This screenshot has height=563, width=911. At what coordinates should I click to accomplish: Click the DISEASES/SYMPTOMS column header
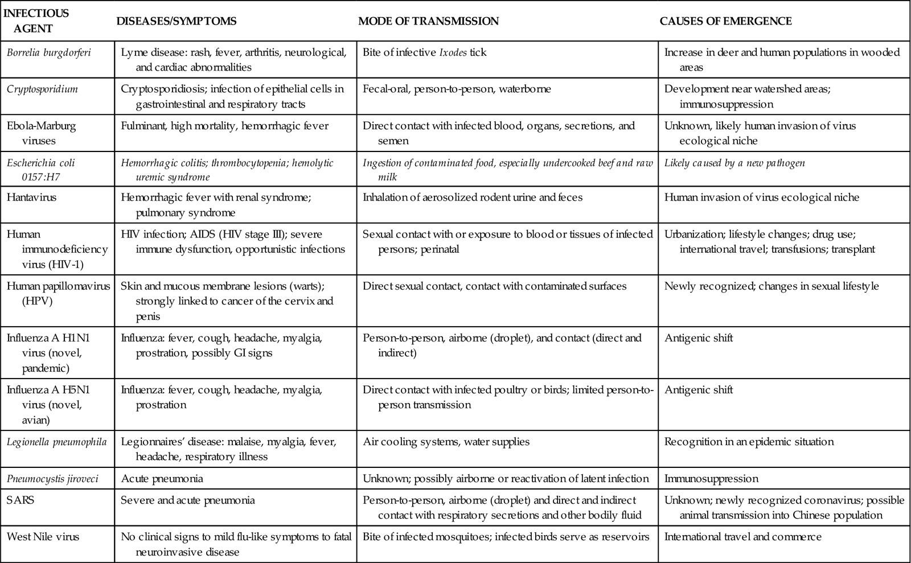(176, 21)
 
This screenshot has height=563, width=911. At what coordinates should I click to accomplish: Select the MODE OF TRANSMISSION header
(428, 21)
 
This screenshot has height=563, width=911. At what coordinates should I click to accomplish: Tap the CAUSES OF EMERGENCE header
(725, 21)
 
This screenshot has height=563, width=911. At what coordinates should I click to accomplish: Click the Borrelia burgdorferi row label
(49, 53)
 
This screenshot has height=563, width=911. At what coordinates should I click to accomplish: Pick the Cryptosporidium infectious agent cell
(43, 89)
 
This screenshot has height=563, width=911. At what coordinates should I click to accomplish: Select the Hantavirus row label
(32, 198)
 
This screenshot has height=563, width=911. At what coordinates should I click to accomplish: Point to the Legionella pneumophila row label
(56, 442)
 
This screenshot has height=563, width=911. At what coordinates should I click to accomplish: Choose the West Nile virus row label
(43, 536)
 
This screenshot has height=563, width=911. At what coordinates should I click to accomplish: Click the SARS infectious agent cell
(20, 500)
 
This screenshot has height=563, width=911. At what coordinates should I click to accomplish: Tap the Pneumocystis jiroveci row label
(52, 479)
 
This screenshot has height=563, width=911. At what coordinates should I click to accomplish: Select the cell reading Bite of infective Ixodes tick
(425, 53)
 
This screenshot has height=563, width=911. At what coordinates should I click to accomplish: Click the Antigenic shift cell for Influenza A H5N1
(699, 390)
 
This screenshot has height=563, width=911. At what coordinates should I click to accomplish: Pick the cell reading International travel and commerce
(743, 536)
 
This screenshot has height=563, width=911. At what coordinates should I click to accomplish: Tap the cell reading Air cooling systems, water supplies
(446, 442)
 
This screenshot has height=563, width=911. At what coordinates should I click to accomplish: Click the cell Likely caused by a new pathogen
(734, 163)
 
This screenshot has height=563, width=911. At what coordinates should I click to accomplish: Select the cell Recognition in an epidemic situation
(749, 442)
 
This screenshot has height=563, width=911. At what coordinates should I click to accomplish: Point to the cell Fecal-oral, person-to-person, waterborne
(457, 89)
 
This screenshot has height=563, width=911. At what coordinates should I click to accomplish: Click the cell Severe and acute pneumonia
(188, 500)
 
